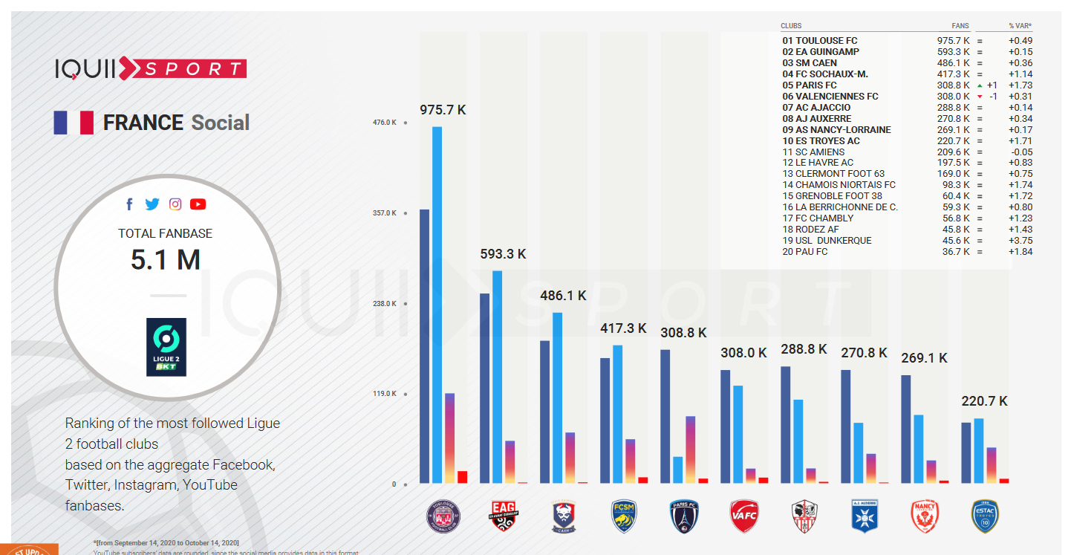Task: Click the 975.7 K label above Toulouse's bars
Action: click(443, 110)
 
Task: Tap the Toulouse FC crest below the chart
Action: click(443, 516)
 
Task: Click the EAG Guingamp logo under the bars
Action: click(503, 516)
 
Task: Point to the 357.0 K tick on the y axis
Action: click(385, 213)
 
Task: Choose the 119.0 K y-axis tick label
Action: click(385, 394)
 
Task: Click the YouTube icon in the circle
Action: click(198, 204)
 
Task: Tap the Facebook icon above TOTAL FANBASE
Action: click(129, 204)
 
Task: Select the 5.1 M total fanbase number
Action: click(165, 260)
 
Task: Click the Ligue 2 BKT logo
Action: click(166, 347)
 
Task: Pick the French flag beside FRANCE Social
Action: click(74, 123)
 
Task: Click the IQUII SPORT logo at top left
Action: click(150, 69)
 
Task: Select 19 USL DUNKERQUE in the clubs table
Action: click(827, 241)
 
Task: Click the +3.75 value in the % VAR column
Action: click(1020, 241)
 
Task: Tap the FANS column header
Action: click(960, 26)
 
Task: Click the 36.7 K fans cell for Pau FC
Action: click(956, 252)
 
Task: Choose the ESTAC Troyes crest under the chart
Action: click(983, 516)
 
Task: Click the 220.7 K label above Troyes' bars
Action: click(984, 401)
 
